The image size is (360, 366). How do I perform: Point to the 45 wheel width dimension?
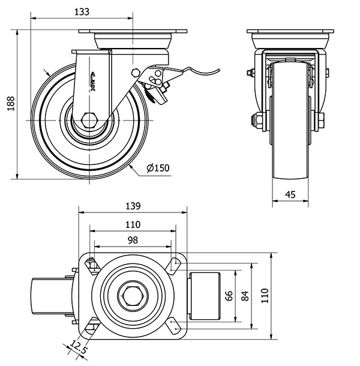pos(290,194)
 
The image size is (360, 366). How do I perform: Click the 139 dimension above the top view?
pos(133,206)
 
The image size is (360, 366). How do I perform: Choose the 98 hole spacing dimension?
pos(133,239)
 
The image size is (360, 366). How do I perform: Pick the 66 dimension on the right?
pos(228,295)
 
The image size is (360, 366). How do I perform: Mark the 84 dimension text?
pos(245,295)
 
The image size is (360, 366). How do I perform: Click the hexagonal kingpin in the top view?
pos(132,295)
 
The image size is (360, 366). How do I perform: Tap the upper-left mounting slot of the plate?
pos(91,265)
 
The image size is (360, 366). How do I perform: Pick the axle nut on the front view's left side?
pos(254,121)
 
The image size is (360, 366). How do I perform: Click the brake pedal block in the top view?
pos(206,295)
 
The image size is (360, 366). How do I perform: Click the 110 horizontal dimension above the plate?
pos(133,224)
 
